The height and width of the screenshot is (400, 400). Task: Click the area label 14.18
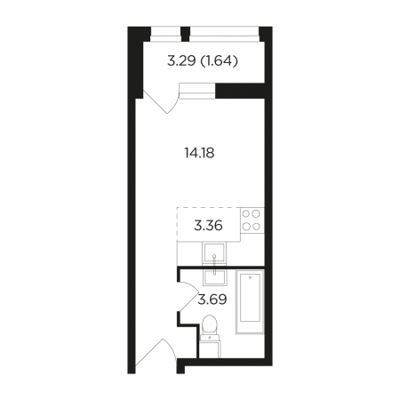point(199,153)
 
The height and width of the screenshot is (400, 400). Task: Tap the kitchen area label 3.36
point(208,226)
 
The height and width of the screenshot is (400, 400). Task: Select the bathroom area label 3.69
point(212,300)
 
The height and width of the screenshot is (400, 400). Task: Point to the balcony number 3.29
point(181,61)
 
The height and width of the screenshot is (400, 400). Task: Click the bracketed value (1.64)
point(220,61)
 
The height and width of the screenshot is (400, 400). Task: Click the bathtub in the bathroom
point(250,301)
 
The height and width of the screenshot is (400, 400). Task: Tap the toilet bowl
point(209,324)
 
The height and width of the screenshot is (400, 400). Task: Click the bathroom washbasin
point(214,277)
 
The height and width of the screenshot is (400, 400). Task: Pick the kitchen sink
point(214,252)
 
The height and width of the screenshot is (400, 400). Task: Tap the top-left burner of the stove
point(246,213)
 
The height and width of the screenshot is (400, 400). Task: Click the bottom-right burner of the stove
point(256,227)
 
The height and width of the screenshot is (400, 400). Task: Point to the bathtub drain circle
point(250,278)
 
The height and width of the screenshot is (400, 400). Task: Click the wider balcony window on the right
point(224,35)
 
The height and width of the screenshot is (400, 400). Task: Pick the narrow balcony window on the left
point(165,35)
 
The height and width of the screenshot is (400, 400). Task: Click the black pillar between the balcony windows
point(185,34)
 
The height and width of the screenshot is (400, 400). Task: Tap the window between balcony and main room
point(197,91)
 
